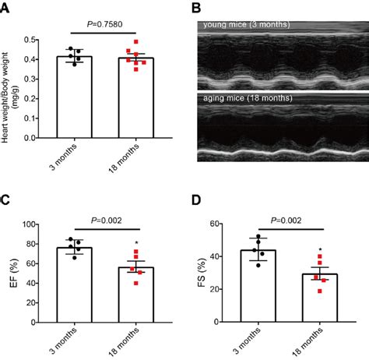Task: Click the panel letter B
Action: coord(197,8)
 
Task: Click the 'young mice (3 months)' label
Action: coord(246,25)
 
